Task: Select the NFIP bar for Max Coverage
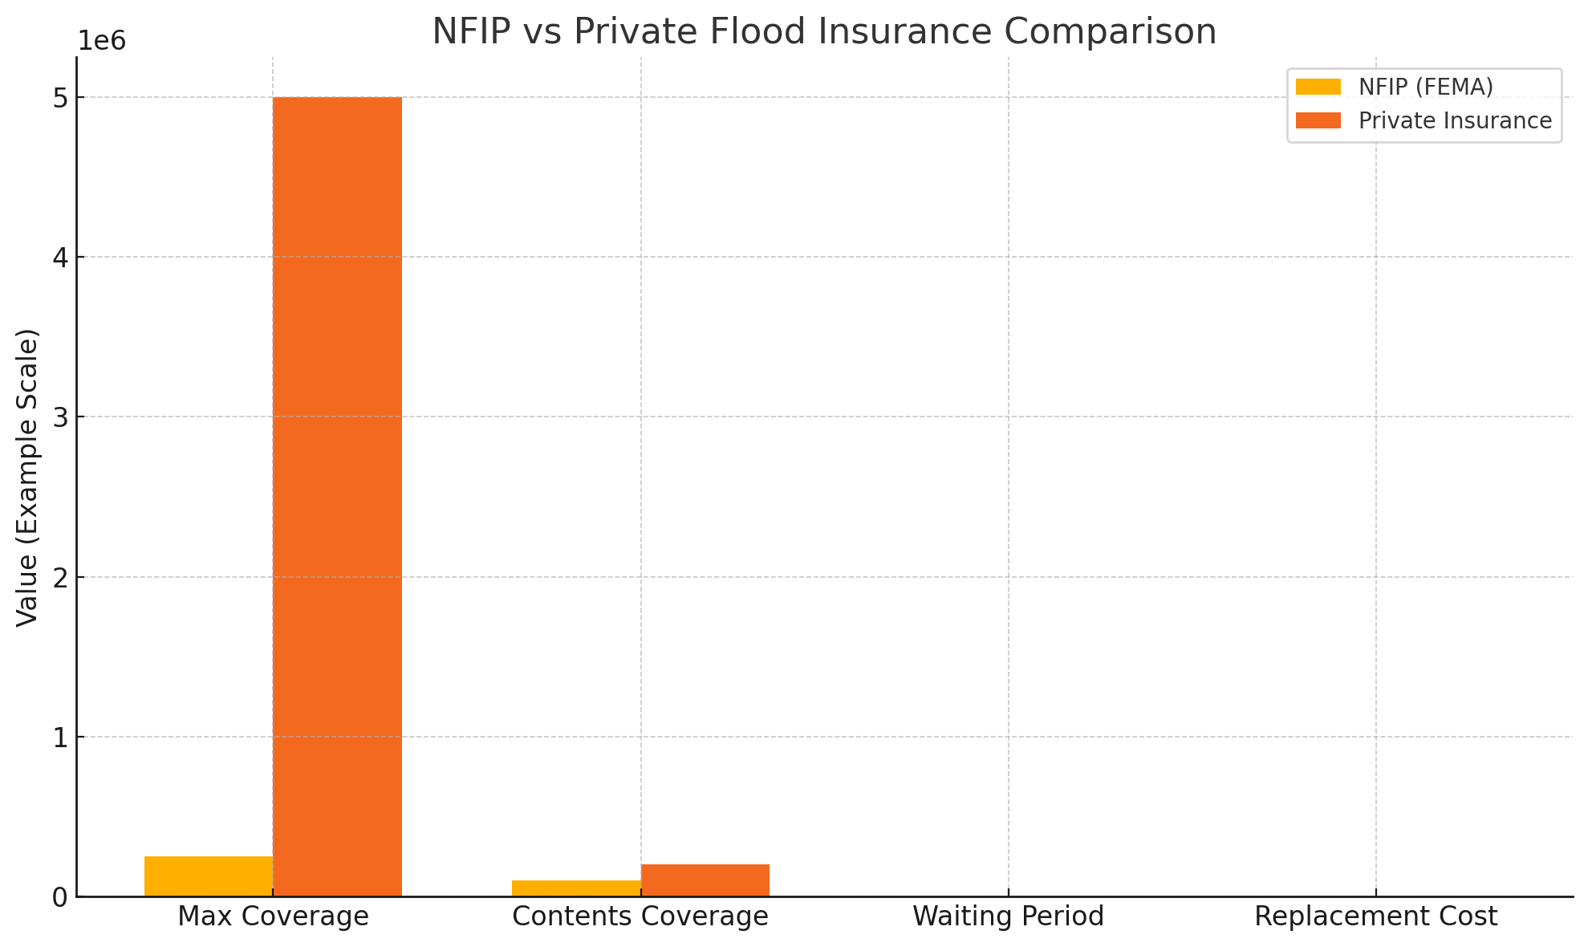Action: (209, 876)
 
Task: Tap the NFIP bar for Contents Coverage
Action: (576, 888)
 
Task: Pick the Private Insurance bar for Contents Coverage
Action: (705, 880)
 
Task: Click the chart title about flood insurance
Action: (824, 32)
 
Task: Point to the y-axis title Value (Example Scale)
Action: (28, 477)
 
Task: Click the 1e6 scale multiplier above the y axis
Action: (102, 42)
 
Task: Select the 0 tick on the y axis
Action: (61, 897)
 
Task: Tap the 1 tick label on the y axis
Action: (61, 738)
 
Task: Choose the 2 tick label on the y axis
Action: (61, 577)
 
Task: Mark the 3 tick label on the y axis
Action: (61, 417)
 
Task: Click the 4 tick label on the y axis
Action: (61, 258)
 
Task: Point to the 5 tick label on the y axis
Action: (61, 98)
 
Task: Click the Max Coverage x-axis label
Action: (273, 917)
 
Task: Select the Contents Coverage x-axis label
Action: (640, 917)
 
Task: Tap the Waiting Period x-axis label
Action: (1008, 917)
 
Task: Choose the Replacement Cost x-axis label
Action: (1375, 917)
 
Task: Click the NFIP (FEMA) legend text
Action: (1425, 87)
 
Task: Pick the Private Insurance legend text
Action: (1455, 120)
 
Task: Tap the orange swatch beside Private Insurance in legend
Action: (1318, 120)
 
